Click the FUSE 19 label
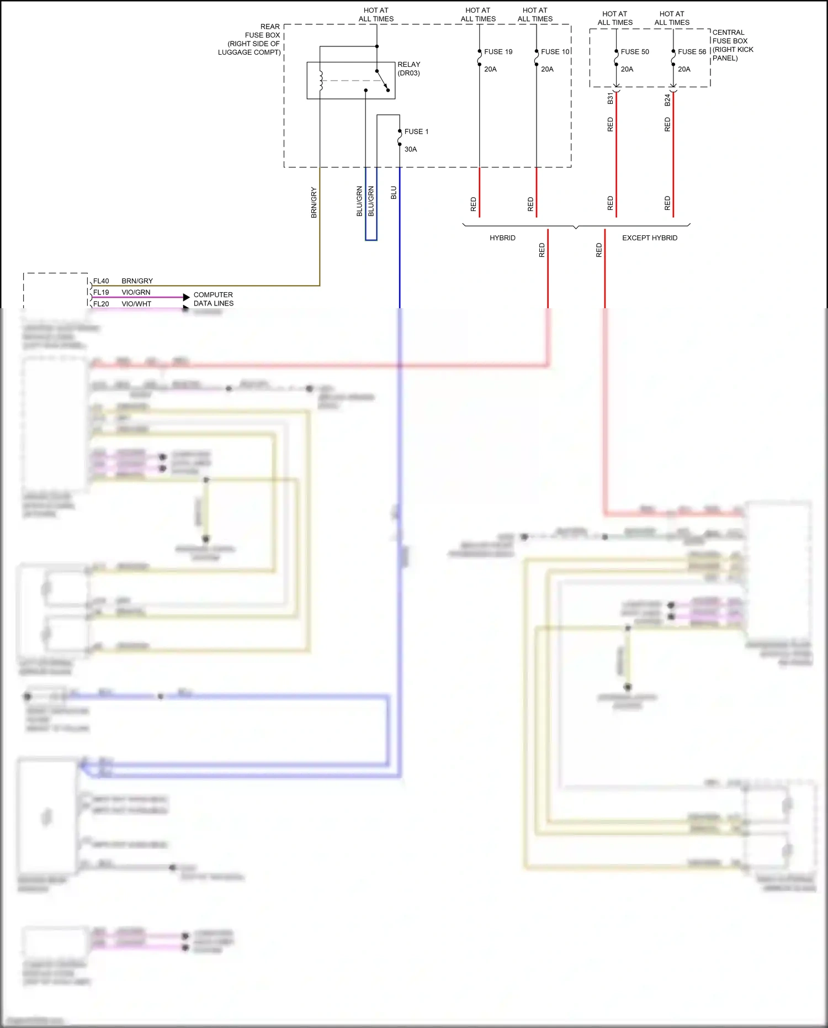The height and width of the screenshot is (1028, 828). point(498,52)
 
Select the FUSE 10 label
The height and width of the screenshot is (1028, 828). point(555,52)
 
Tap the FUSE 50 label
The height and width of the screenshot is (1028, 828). point(635,52)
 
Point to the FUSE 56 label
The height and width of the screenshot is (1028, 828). point(692,52)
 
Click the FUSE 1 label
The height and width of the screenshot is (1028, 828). point(416,131)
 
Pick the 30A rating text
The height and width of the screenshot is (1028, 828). point(411,149)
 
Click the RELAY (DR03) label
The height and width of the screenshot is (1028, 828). point(408,68)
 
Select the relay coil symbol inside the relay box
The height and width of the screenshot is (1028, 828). point(321,80)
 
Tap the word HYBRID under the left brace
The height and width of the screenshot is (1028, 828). point(502,238)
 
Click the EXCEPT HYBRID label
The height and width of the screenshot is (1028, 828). point(649,238)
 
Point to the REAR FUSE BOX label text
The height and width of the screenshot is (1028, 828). point(254,39)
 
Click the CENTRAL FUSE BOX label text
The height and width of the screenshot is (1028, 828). point(732,45)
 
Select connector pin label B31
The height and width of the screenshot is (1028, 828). point(610,99)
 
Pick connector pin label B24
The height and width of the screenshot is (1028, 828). point(667,100)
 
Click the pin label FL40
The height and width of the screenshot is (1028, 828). point(101,281)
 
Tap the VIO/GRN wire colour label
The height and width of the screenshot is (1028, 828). point(136,292)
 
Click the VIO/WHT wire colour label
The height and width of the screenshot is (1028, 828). point(136,304)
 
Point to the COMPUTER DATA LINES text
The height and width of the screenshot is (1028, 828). point(213,299)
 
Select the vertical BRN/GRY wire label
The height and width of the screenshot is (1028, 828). point(314,203)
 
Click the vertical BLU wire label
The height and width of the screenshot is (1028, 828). point(394,193)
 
